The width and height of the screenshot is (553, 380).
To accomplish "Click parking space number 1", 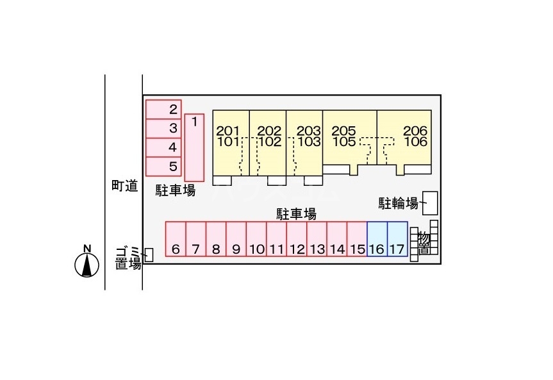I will pos(194,147).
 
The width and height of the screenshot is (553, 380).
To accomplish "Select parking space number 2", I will pos(163,109).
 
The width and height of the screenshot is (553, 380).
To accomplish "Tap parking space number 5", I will pos(163,167).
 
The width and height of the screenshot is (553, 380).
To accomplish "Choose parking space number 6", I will pos(176,239).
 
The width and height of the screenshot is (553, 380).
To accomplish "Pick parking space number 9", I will pos(236,239).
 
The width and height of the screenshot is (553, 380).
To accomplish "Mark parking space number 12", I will pos(296,239).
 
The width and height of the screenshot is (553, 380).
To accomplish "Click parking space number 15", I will pos(357,239).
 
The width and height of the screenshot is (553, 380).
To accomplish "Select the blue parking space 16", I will pos(377,239).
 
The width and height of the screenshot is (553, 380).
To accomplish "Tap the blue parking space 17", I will pos(397,239).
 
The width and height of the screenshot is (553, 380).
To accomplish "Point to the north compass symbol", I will pos(87,263).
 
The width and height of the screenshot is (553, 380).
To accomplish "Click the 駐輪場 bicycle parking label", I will pos(397,204).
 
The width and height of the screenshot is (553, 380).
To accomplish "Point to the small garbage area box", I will pos(149,255).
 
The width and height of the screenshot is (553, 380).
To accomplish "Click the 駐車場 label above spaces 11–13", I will pos(296,213).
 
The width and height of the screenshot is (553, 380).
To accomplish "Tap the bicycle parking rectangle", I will pos(429,203).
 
